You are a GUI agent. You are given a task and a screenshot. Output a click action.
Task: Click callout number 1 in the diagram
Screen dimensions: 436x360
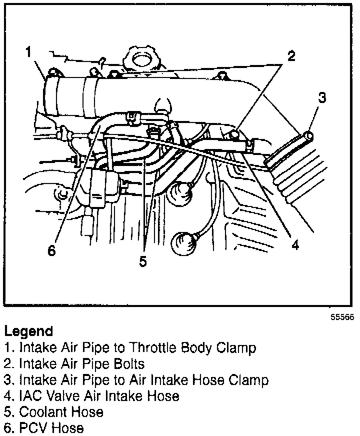(x=29, y=52)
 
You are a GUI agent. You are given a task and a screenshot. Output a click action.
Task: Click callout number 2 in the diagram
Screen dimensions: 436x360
(x=291, y=55)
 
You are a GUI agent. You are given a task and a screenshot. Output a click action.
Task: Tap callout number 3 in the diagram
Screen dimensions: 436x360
(x=322, y=97)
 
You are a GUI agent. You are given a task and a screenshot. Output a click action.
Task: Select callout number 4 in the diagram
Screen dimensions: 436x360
(x=295, y=245)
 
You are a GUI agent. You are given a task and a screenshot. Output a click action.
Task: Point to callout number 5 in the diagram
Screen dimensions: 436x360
(x=143, y=261)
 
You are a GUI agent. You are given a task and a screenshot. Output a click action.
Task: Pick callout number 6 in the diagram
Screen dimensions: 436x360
(x=51, y=250)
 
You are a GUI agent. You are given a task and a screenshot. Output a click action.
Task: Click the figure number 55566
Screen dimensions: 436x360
(x=341, y=317)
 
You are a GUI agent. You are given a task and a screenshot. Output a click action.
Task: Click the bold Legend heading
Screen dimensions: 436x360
(x=28, y=331)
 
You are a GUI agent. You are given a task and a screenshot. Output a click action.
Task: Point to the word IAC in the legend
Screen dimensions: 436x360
(x=28, y=396)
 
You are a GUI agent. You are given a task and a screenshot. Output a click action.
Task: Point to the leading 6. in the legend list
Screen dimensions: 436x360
(x=9, y=428)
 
